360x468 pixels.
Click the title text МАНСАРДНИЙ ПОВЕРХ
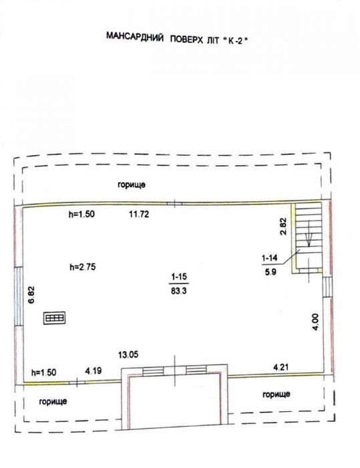[156, 38]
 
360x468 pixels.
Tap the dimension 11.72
[139, 214]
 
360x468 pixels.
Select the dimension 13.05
[128, 355]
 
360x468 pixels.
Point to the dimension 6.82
[31, 295]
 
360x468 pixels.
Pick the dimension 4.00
[315, 322]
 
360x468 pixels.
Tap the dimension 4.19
[94, 371]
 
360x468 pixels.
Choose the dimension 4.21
[281, 367]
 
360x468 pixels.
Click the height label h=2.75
[83, 267]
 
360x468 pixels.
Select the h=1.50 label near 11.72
[81, 214]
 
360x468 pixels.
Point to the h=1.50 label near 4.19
[44, 372]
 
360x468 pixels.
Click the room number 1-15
[179, 277]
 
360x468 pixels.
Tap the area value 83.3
[179, 290]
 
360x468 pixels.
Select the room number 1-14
[269, 258]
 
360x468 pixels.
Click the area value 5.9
[271, 271]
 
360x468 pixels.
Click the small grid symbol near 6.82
[55, 318]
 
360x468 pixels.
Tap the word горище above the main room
[132, 185]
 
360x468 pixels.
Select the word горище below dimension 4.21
[277, 394]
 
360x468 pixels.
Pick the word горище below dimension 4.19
[53, 401]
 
